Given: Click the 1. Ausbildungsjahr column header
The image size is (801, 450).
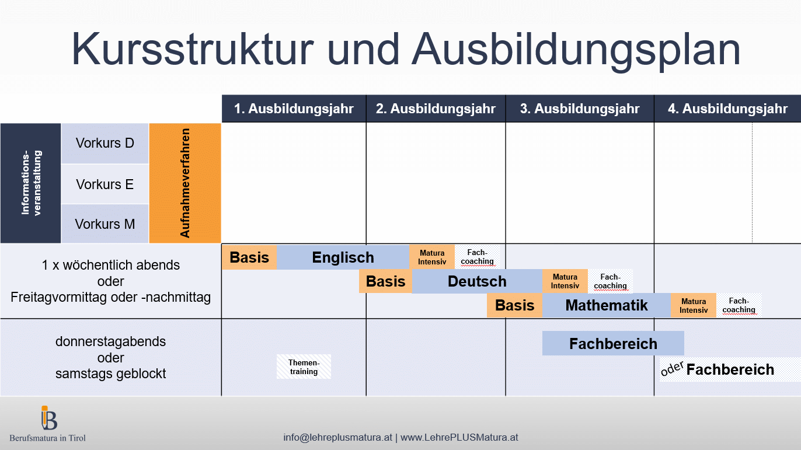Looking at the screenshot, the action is tap(294, 109).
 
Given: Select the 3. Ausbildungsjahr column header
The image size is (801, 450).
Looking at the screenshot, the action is tap(580, 109).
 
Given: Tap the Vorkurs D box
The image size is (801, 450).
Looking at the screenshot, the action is tap(105, 144).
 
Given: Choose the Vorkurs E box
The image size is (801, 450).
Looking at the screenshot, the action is tap(105, 184).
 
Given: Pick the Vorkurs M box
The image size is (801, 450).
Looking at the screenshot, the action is tap(105, 224).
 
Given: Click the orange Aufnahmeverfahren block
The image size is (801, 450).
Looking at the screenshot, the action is tap(185, 183).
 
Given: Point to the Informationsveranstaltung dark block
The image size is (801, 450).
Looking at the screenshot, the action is tap(31, 183).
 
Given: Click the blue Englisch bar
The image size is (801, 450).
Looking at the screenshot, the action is tap(343, 257).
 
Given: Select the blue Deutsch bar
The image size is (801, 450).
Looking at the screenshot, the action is tap(477, 281).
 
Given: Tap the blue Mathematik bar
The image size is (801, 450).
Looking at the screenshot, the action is tap(607, 305).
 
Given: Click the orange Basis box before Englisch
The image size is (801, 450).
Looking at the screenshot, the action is tap(249, 257).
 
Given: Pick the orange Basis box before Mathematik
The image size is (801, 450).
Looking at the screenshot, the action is tap(514, 305).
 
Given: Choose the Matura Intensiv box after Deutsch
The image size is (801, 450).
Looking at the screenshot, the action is tap(565, 281).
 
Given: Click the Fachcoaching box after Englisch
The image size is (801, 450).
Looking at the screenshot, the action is tap(477, 257).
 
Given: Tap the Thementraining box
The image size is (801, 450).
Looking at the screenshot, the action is tap(304, 367).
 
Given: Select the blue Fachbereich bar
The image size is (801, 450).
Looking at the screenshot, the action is tap(613, 344).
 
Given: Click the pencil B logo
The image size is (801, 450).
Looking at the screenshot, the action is tap(49, 418).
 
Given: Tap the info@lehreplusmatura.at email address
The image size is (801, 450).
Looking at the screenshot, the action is tap(337, 437).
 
